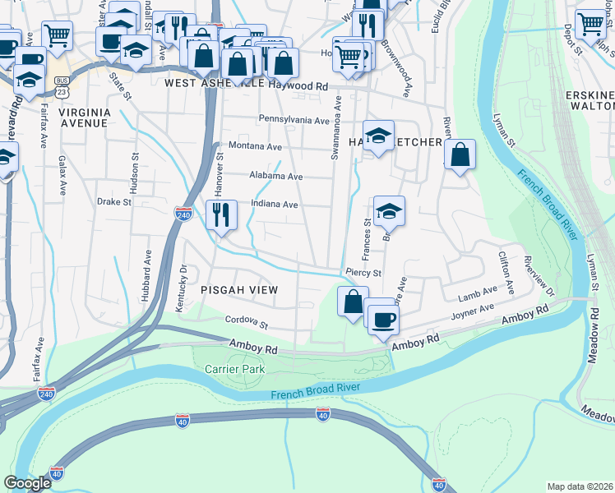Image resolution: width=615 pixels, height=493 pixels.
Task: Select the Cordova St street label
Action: [247, 322]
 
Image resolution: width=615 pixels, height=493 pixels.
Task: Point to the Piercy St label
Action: [364, 273]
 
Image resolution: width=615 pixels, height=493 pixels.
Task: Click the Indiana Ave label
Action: [274, 205]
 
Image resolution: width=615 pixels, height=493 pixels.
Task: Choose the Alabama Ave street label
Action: [277, 176]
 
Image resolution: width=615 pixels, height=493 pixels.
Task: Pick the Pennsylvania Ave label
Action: [294, 120]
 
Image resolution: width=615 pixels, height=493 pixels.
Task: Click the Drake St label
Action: [114, 201]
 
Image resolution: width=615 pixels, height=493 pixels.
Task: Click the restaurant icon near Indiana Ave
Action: [221, 215]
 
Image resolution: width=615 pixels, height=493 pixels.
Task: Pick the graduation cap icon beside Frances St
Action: [389, 211]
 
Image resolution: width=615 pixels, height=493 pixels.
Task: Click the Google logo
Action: [28, 483]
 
